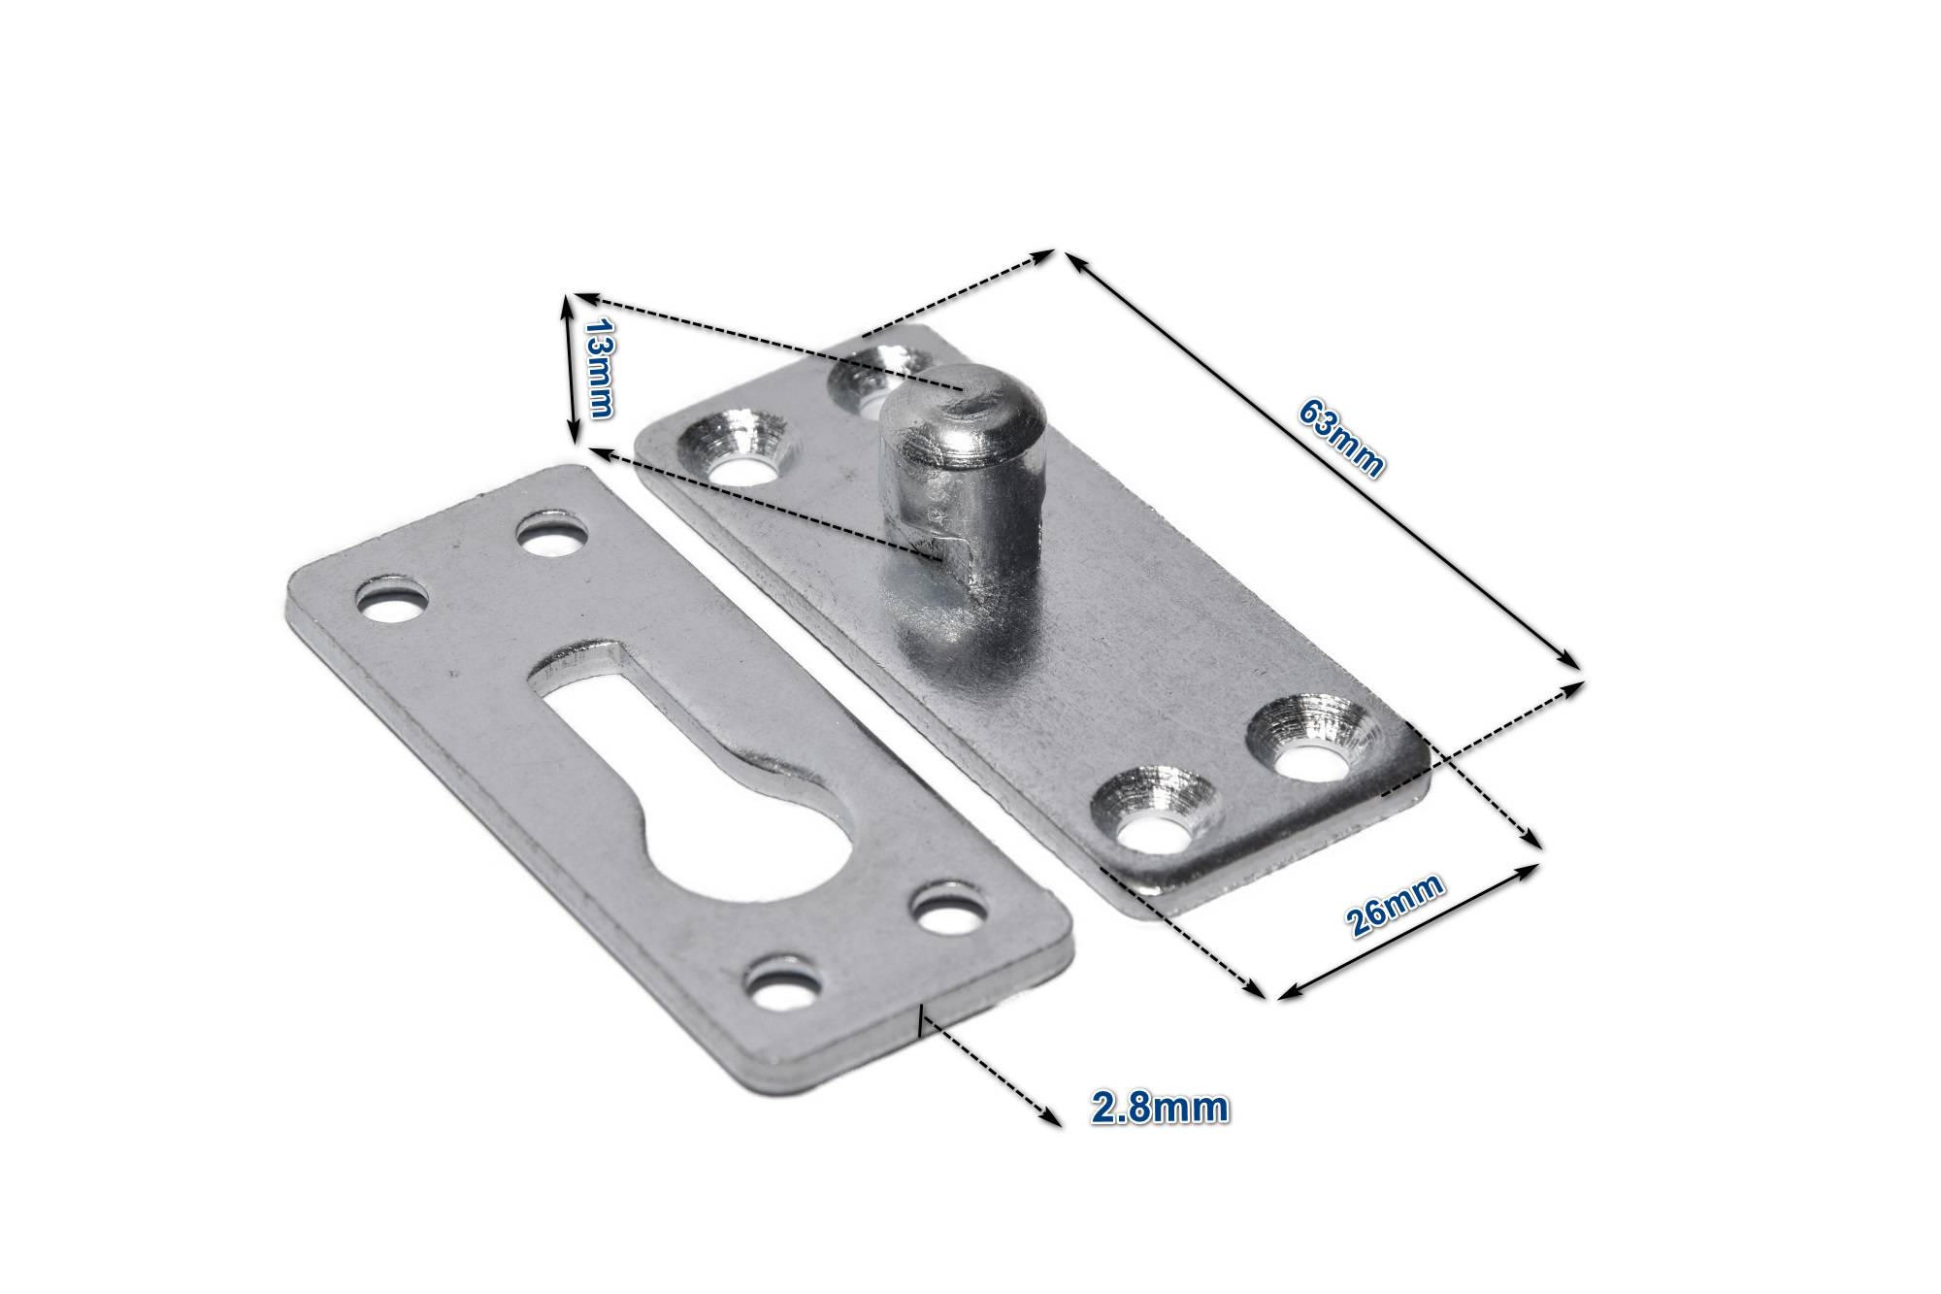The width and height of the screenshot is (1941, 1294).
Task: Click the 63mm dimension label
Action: [1340, 437]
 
